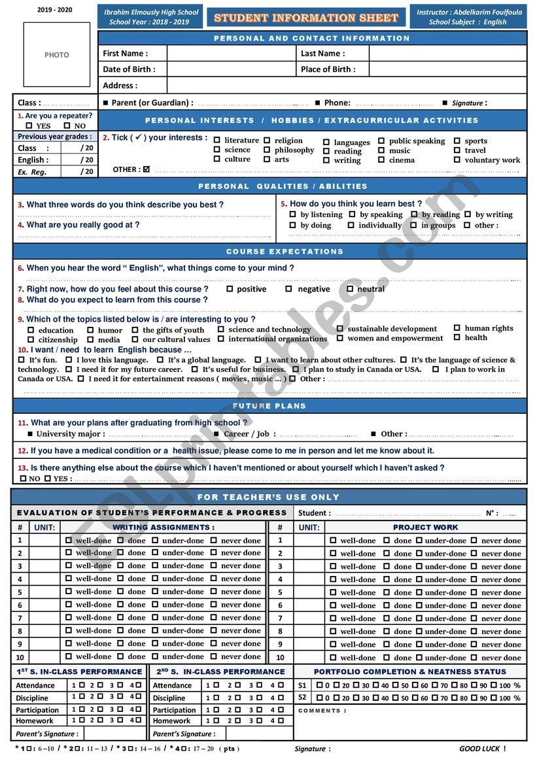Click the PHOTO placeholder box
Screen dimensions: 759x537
click(57, 55)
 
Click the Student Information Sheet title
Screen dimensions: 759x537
click(306, 18)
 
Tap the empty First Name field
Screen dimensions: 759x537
click(231, 54)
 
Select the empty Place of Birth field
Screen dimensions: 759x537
click(447, 69)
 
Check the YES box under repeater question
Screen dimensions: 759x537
click(29, 126)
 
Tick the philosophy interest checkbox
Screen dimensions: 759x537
click(267, 150)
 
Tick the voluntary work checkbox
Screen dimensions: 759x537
click(457, 160)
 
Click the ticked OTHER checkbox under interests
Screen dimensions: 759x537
click(147, 169)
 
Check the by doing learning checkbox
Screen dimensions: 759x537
click(292, 225)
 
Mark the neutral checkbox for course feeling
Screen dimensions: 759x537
click(350, 288)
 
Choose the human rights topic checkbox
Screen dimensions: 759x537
click(457, 328)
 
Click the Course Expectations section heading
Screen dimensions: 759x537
click(285, 252)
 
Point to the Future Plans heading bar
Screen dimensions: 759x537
click(269, 406)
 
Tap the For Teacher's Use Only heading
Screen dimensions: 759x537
click(269, 497)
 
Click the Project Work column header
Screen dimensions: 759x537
click(425, 527)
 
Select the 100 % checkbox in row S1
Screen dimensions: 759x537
click(494, 685)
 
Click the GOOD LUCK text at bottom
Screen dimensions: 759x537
click(482, 749)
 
